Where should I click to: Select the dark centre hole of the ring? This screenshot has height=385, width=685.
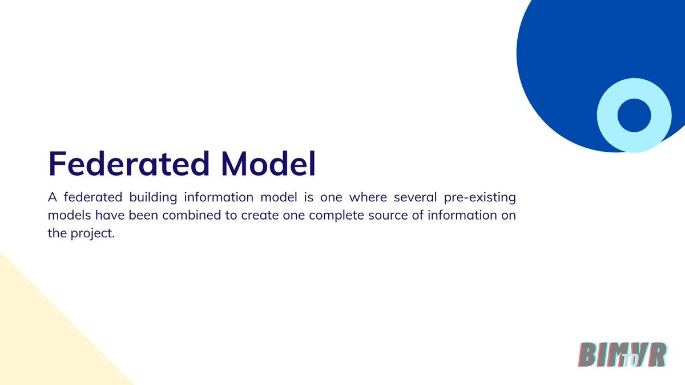point(634,115)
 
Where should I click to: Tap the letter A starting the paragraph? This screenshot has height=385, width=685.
point(53,198)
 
